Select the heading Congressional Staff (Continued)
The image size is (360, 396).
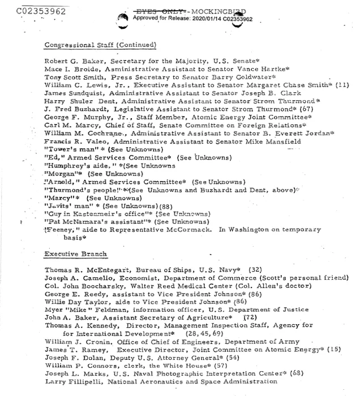point(100,45)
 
